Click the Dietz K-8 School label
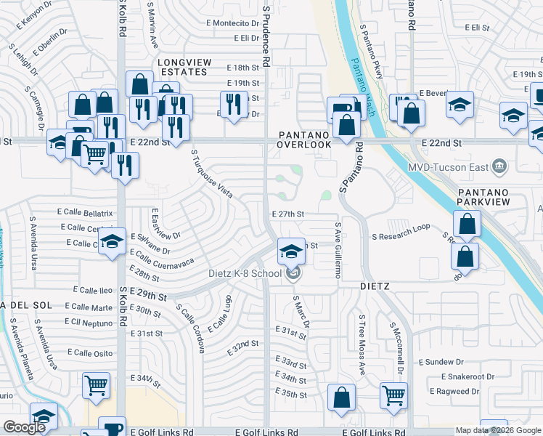[244, 273]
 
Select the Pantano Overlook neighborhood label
[306, 140]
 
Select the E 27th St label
[287, 214]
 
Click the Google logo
[25, 427]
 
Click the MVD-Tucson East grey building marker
[498, 166]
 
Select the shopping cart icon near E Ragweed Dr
[393, 396]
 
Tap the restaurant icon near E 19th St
[233, 104]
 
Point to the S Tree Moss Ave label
[360, 345]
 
